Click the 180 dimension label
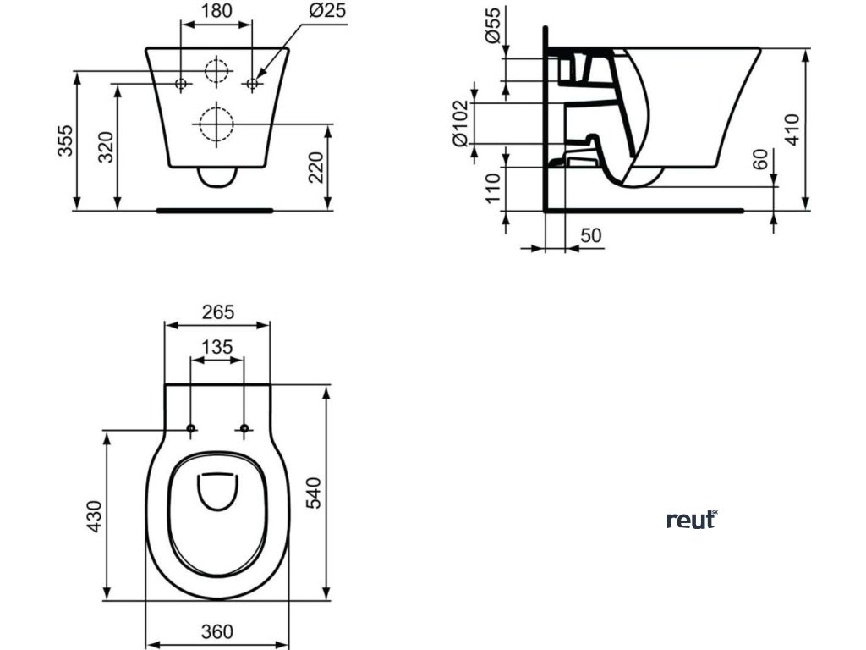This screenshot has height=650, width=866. [216, 12]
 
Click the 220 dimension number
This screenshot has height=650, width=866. [316, 167]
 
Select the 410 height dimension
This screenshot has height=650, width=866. [792, 129]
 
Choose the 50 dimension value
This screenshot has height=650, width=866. [591, 235]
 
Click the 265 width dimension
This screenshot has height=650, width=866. [218, 312]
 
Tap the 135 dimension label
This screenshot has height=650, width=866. [217, 347]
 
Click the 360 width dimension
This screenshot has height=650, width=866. [218, 631]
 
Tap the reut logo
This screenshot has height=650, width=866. [692, 520]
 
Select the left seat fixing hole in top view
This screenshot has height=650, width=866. [191, 429]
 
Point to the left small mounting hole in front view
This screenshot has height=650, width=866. [181, 83]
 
